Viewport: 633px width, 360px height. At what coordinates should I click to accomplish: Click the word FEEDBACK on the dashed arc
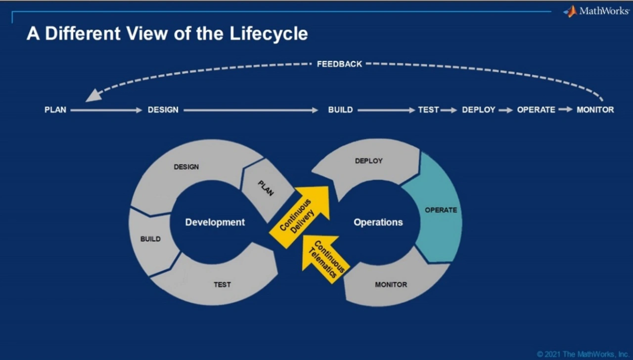click(x=339, y=64)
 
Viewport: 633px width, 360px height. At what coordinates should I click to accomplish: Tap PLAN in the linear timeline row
click(x=55, y=110)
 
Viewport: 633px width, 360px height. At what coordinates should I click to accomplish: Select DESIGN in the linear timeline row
click(x=163, y=110)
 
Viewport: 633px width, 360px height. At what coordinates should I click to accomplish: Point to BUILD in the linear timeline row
click(x=340, y=110)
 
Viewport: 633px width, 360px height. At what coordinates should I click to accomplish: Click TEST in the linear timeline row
click(x=428, y=110)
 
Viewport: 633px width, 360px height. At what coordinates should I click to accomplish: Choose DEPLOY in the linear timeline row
click(x=479, y=110)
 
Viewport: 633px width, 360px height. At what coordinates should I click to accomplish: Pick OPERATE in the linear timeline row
click(x=536, y=110)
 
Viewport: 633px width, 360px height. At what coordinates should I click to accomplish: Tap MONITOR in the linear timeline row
click(x=595, y=110)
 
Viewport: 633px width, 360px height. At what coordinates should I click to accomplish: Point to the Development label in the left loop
click(x=215, y=223)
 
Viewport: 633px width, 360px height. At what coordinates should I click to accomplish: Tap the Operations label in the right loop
click(x=378, y=223)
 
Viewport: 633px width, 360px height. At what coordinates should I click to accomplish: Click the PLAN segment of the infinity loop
click(x=266, y=188)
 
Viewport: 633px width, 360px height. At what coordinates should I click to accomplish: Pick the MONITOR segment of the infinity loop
click(x=391, y=285)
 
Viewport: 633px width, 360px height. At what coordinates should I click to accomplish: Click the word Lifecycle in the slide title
click(x=269, y=34)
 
